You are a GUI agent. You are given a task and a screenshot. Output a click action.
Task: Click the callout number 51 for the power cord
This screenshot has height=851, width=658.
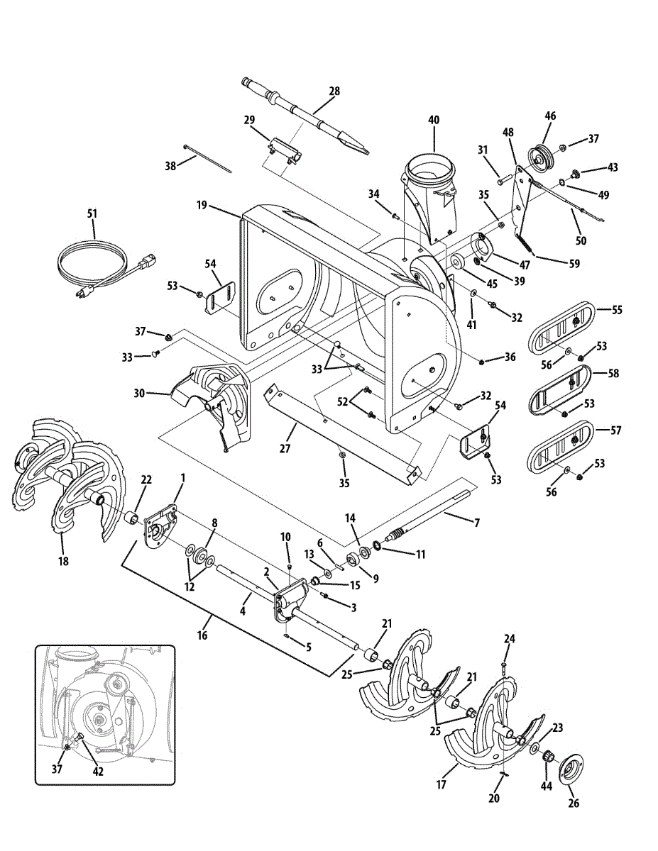click(92, 213)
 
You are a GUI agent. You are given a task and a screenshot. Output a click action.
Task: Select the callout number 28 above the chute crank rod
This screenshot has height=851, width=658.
click(334, 91)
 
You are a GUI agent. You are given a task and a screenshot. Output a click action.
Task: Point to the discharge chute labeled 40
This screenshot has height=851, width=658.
click(429, 192)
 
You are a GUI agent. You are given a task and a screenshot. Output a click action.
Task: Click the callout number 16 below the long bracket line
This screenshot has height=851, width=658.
click(202, 635)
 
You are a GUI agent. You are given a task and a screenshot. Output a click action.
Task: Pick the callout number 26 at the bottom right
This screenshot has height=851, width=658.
click(574, 803)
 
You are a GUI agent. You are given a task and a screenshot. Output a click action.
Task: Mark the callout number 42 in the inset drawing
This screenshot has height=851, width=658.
click(98, 772)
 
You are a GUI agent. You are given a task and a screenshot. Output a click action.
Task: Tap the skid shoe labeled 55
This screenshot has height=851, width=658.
click(561, 329)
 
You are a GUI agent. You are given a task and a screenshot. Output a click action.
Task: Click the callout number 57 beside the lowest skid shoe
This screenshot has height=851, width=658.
click(615, 430)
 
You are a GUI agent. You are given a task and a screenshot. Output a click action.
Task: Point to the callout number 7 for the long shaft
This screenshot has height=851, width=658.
click(477, 523)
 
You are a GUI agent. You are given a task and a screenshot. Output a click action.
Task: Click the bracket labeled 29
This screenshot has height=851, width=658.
click(283, 150)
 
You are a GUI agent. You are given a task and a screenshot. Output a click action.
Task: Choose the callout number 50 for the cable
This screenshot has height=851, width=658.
click(581, 240)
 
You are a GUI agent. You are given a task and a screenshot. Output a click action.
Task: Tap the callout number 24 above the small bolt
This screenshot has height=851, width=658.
click(508, 638)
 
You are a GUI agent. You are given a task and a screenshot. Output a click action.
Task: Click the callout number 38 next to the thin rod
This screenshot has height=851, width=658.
click(170, 165)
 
